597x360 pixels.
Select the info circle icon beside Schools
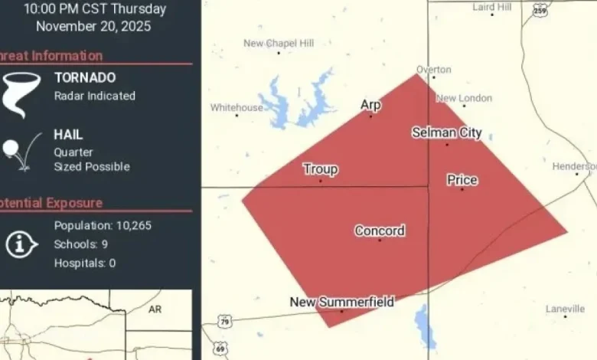tap(22, 244)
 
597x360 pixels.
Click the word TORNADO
tap(85, 77)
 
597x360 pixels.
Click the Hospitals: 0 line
tap(85, 263)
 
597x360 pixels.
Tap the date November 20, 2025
tap(93, 26)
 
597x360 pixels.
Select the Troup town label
tap(320, 169)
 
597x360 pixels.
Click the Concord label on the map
tap(380, 231)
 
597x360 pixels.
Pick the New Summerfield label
tap(341, 302)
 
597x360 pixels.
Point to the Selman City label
tap(447, 133)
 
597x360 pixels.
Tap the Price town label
tap(462, 180)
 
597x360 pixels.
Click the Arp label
tap(370, 105)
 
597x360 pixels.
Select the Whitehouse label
tap(237, 108)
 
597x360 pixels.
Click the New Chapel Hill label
tap(279, 44)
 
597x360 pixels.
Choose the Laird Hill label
tap(492, 7)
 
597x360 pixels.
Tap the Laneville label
tap(565, 309)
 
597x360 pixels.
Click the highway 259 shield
tap(540, 11)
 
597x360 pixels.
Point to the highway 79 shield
tap(223, 320)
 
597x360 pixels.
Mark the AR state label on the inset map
tap(155, 309)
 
